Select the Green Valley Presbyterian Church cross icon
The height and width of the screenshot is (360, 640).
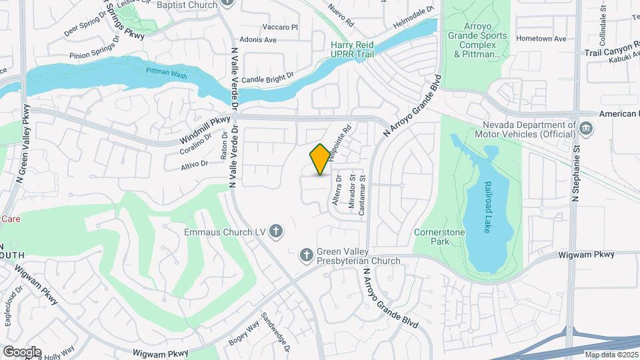click(306, 255)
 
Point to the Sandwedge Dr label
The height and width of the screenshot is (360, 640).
click(277, 332)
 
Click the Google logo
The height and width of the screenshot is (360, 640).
click(22, 352)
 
